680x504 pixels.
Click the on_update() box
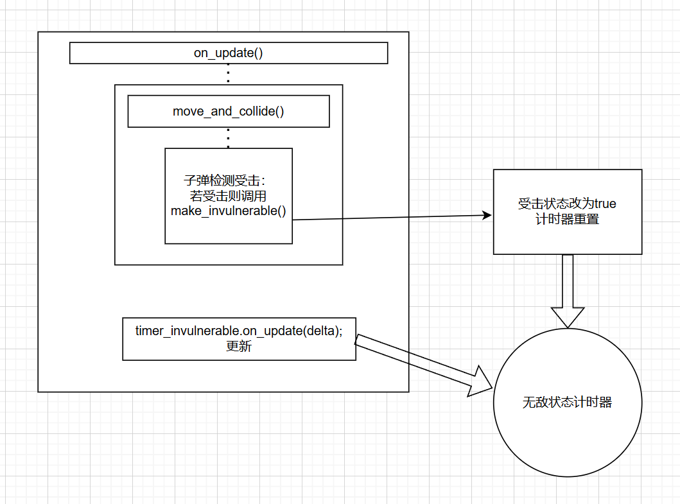pyautogui.click(x=228, y=53)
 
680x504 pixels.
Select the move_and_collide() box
pyautogui.click(x=228, y=112)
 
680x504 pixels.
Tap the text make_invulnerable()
pyautogui.click(x=228, y=211)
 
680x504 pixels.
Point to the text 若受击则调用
pyautogui.click(x=228, y=196)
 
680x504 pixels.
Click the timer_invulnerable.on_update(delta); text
pyautogui.click(x=239, y=331)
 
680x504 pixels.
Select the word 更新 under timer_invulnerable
pyautogui.click(x=239, y=347)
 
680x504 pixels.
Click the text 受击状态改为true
pyautogui.click(x=567, y=204)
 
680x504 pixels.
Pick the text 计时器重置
pyautogui.click(x=567, y=219)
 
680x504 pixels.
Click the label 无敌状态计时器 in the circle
pyautogui.click(x=567, y=403)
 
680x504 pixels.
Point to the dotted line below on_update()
pyautogui.click(x=228, y=74)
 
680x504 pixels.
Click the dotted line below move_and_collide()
pyautogui.click(x=228, y=137)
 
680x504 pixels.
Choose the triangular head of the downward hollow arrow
pyautogui.click(x=568, y=317)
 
